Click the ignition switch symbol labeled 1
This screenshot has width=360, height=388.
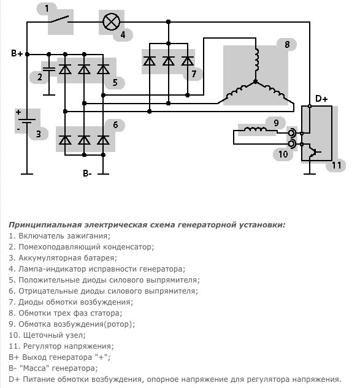59,19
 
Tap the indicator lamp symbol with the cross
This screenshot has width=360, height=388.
111,22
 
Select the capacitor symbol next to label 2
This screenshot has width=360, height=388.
49,69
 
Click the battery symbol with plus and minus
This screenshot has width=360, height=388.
26,121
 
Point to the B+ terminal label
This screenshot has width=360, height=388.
17,53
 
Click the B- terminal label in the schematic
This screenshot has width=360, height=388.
87,173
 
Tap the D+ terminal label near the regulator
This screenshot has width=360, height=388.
321,99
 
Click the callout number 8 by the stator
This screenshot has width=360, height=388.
287,45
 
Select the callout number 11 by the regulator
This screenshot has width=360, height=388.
336,165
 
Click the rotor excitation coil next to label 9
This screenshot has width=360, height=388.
256,129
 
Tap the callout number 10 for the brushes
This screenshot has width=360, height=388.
283,154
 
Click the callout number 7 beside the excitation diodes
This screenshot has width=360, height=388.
194,74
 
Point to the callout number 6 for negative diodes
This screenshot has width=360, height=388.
115,124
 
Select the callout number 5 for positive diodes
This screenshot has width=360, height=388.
115,82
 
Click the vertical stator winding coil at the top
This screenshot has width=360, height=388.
256,59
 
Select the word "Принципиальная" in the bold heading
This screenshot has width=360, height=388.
45,225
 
